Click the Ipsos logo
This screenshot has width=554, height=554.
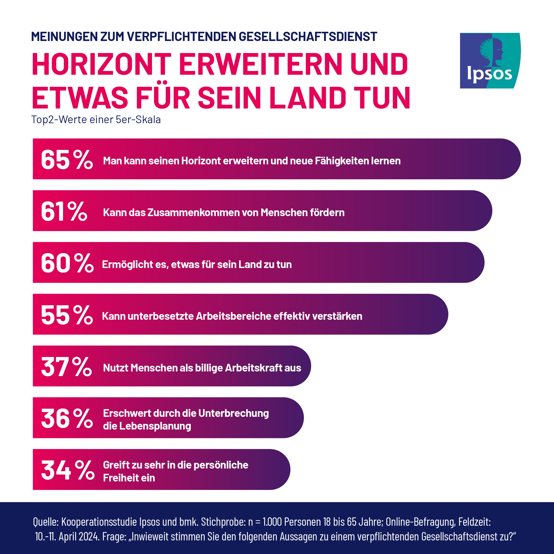(x=490, y=60)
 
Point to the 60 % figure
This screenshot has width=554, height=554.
(x=67, y=263)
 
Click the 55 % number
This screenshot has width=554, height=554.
(x=67, y=315)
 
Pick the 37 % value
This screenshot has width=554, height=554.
(x=66, y=367)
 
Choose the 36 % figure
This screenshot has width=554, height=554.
(x=67, y=418)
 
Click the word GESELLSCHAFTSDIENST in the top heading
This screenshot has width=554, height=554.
(x=308, y=37)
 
